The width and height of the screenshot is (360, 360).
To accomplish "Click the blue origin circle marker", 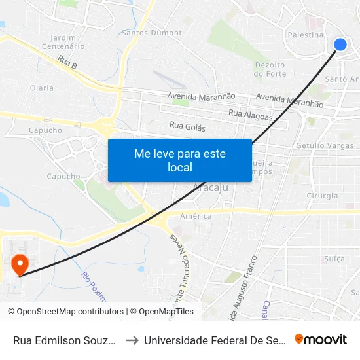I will click(340, 44).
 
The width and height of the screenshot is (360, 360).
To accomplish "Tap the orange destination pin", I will click(20, 264).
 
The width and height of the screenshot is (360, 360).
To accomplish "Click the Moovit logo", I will click(321, 339).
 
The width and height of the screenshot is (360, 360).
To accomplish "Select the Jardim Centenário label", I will click(63, 42).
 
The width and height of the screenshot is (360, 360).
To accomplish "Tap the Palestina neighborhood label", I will click(306, 35).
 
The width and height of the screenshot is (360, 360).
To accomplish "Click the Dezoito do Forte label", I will click(270, 69).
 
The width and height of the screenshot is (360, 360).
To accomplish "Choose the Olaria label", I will click(42, 88).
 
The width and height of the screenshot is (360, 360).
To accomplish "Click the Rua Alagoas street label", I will click(251, 114).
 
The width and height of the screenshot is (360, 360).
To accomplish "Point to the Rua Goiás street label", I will click(187, 126).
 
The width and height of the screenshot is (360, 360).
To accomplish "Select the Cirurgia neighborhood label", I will click(322, 196).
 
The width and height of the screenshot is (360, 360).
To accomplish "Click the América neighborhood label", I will click(196, 216).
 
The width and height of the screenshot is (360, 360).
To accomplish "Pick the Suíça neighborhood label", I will click(334, 259).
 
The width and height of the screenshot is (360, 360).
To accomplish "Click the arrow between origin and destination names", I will click(132, 340).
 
